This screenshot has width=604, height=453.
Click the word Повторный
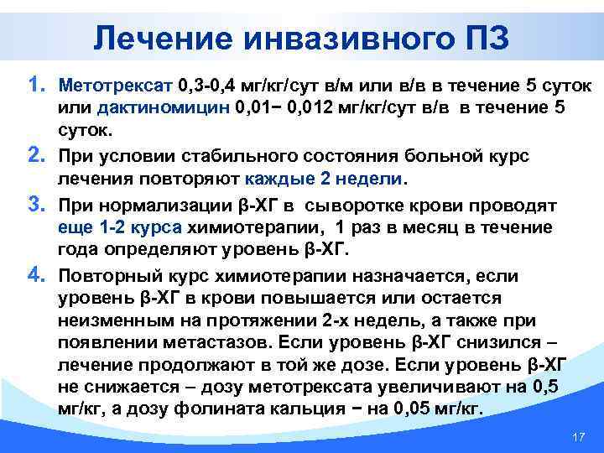pos(109,275)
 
